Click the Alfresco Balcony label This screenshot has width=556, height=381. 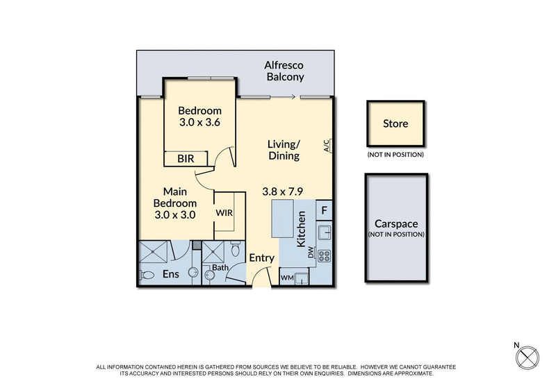(x=285, y=71)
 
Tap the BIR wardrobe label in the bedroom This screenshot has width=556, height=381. (x=186, y=159)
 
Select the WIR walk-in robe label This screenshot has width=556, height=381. (x=224, y=213)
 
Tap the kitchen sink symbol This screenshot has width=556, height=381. (x=324, y=232)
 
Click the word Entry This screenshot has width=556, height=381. (x=262, y=258)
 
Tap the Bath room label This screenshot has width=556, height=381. (x=220, y=267)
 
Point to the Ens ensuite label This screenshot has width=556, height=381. (x=170, y=274)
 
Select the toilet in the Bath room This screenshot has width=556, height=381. (x=237, y=249)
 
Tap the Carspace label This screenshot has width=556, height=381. (x=395, y=224)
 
